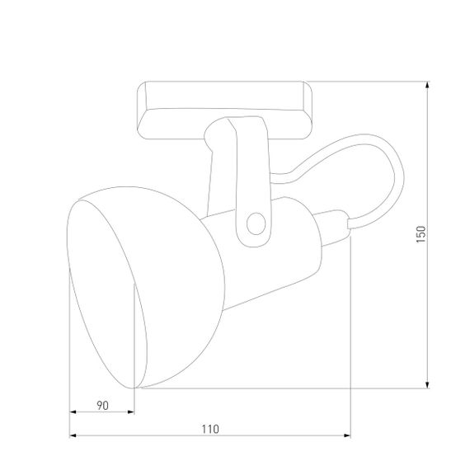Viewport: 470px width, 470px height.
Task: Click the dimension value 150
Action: (421, 235)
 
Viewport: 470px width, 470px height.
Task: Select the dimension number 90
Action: (102, 405)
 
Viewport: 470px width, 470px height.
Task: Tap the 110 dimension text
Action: (209, 429)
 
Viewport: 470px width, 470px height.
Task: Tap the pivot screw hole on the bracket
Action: (255, 223)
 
